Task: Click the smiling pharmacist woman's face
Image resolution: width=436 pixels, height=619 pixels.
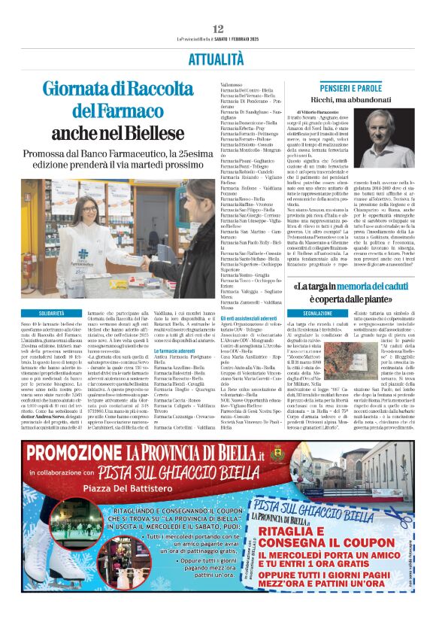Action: pyautogui.click(x=87, y=207)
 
